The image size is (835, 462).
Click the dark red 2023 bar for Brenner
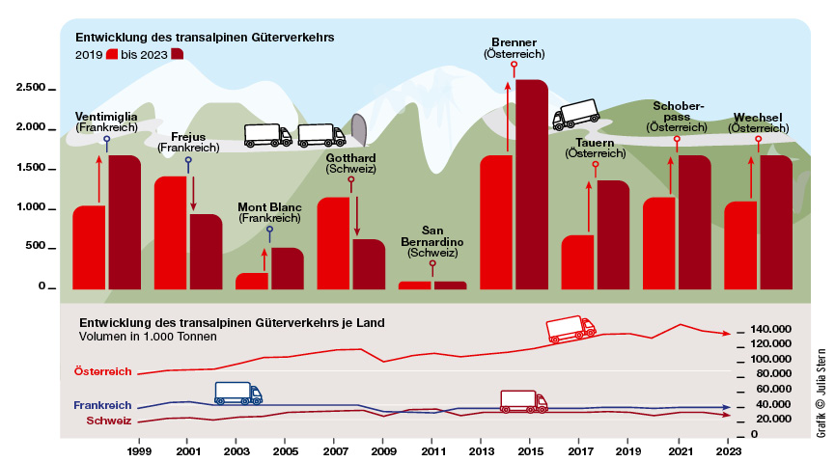[x=532, y=183]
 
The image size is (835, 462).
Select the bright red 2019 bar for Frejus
[x=170, y=232]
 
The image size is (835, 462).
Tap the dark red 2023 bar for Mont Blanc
[x=287, y=268]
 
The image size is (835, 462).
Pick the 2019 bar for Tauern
[x=577, y=261]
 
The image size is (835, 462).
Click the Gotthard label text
[x=350, y=157]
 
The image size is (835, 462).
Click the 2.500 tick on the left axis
[x=30, y=88]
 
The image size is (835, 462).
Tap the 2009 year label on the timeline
[x=383, y=450]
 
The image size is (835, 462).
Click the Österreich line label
[x=102, y=370]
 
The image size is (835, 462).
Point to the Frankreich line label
[x=103, y=407]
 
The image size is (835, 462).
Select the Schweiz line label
[x=109, y=421]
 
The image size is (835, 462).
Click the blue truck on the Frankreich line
[x=237, y=393]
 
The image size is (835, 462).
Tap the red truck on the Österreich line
[x=571, y=329]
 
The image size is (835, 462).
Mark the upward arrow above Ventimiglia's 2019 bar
[x=98, y=177]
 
